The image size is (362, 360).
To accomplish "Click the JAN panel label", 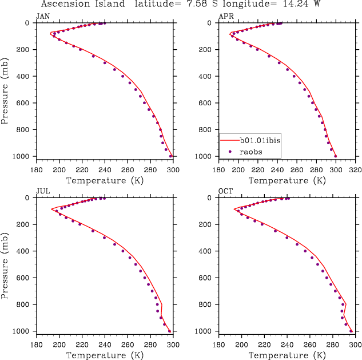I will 42,16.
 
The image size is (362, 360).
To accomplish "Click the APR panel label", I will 225,16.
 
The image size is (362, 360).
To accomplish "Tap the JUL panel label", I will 42,191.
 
